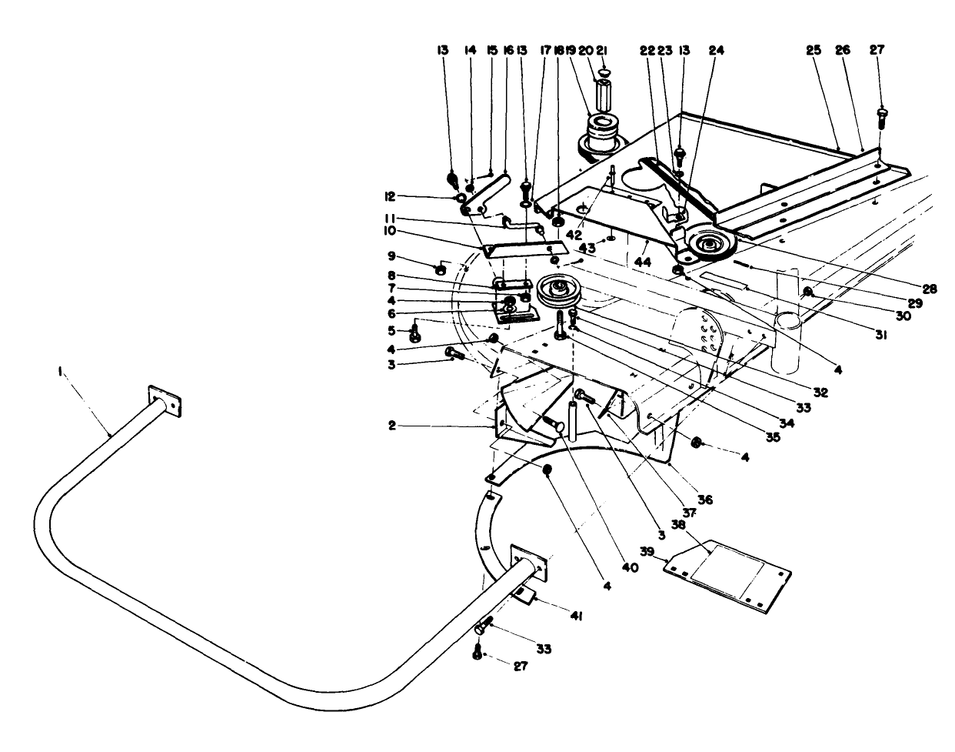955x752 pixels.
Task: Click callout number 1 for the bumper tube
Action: [60, 372]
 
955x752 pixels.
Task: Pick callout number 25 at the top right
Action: [814, 50]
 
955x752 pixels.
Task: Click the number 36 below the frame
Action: [705, 499]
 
